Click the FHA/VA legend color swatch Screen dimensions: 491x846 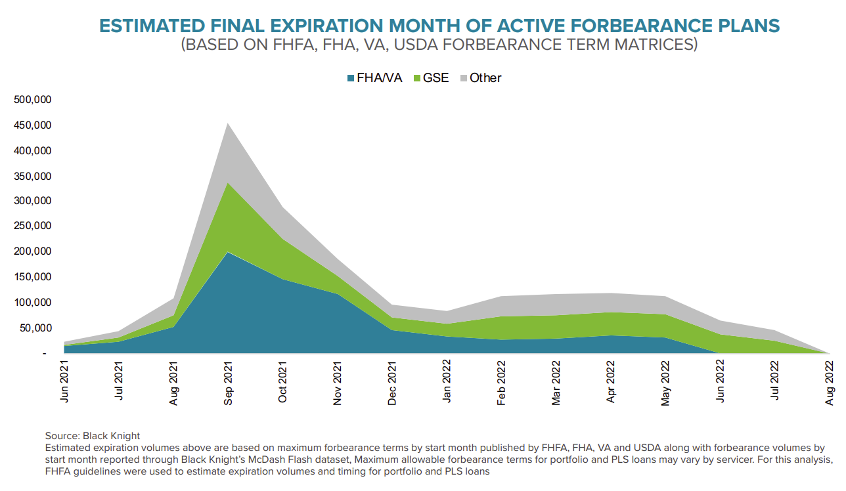350,78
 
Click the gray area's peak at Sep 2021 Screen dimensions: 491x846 228,124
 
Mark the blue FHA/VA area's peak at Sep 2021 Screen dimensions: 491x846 228,253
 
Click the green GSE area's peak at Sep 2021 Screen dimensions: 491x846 228,183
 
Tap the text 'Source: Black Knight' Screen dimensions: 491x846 93,436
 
